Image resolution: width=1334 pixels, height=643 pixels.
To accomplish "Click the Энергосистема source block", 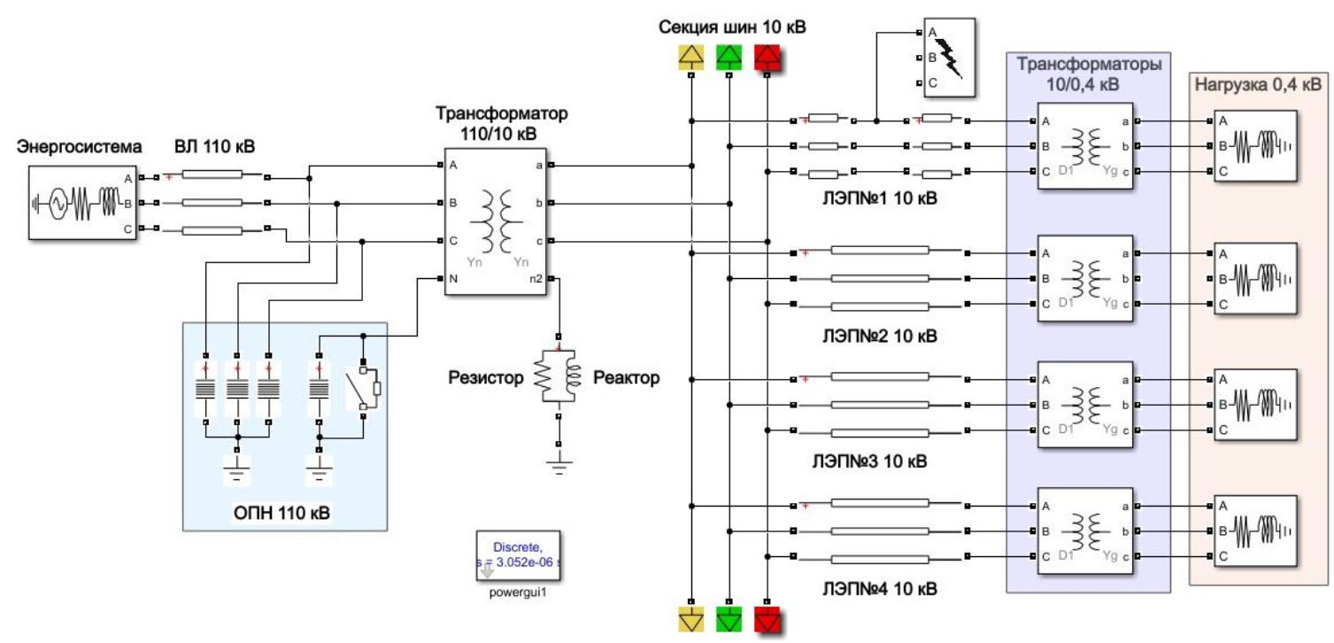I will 79,203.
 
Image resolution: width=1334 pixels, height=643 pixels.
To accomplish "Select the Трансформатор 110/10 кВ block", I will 496,221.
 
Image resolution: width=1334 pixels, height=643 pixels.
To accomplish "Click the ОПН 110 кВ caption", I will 284,512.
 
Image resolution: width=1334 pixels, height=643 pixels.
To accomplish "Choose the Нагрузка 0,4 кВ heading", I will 1258,85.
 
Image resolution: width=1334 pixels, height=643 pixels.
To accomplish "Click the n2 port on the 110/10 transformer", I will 537,278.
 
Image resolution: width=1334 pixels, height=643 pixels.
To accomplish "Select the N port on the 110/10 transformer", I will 453,278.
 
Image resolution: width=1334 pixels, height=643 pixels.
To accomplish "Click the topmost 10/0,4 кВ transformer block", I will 1084,147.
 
